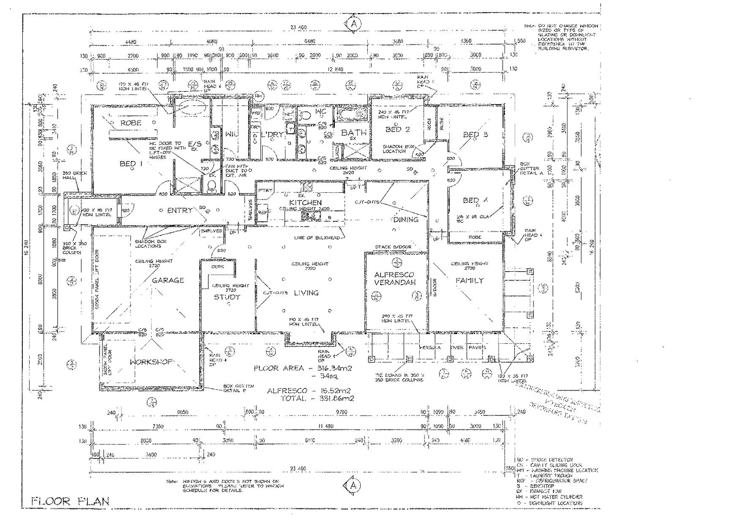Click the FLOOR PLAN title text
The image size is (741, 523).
[x=71, y=501]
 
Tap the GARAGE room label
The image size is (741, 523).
[x=168, y=280]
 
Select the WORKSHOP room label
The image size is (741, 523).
[x=151, y=362]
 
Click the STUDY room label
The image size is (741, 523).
[x=227, y=297]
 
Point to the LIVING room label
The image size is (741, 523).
[x=306, y=292]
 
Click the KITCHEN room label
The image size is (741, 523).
[x=305, y=202]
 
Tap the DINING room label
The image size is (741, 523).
[x=406, y=219]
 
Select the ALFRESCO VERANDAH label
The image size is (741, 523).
[x=394, y=278]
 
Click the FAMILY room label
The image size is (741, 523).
[x=469, y=280]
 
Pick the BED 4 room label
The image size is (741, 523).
[x=475, y=200]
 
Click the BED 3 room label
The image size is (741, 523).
[x=475, y=135]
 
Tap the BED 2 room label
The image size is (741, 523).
[x=397, y=129]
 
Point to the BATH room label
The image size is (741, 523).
[x=354, y=132]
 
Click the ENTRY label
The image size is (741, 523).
[x=180, y=211]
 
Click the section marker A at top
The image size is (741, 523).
[x=354, y=23]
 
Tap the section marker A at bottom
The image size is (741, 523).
[x=353, y=485]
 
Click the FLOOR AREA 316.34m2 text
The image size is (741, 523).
[x=303, y=369]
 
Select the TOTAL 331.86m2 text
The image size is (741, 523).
[x=317, y=399]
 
